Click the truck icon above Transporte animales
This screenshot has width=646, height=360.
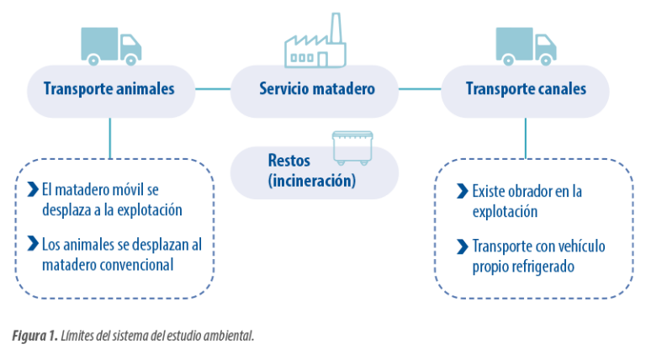click(111, 46)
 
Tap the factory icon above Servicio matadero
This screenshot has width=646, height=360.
click(315, 40)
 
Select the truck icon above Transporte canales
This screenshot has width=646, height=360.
click(526, 46)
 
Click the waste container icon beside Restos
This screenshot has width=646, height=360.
click(352, 148)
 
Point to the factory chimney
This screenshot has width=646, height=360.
click(336, 28)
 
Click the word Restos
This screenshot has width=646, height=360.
click(289, 161)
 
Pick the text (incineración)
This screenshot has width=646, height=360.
click(312, 180)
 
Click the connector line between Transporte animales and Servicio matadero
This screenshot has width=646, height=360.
click(213, 88)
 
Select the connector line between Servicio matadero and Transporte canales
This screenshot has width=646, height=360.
click(420, 88)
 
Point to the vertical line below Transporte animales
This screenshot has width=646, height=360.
click(110, 139)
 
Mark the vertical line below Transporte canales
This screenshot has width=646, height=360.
click(525, 139)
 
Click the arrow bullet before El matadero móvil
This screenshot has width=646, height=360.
click(33, 189)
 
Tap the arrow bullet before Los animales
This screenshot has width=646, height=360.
click(33, 243)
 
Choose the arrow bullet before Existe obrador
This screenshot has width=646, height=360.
click(463, 191)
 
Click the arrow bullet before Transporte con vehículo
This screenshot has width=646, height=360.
click(463, 246)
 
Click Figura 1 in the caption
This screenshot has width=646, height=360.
click(34, 336)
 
